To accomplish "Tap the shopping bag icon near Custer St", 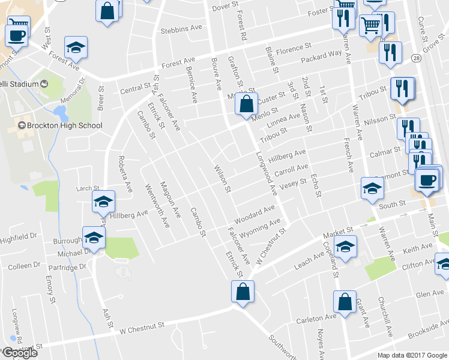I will coord(246,103).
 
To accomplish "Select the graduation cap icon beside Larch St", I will coord(104,202).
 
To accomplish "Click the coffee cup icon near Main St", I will coord(427,181).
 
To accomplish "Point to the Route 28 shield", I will coord(415,58).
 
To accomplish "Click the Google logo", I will coord(19,353).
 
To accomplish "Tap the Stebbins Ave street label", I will coord(181,29).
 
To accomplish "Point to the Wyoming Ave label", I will coord(260,228).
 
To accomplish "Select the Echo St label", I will coord(316,184).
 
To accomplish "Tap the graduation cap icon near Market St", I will coord(345,247).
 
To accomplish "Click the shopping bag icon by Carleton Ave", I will coord(346,303).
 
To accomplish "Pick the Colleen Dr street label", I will coord(23,265).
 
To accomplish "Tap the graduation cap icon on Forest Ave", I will coord(76,47).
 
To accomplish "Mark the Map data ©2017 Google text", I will coord(412,355).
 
